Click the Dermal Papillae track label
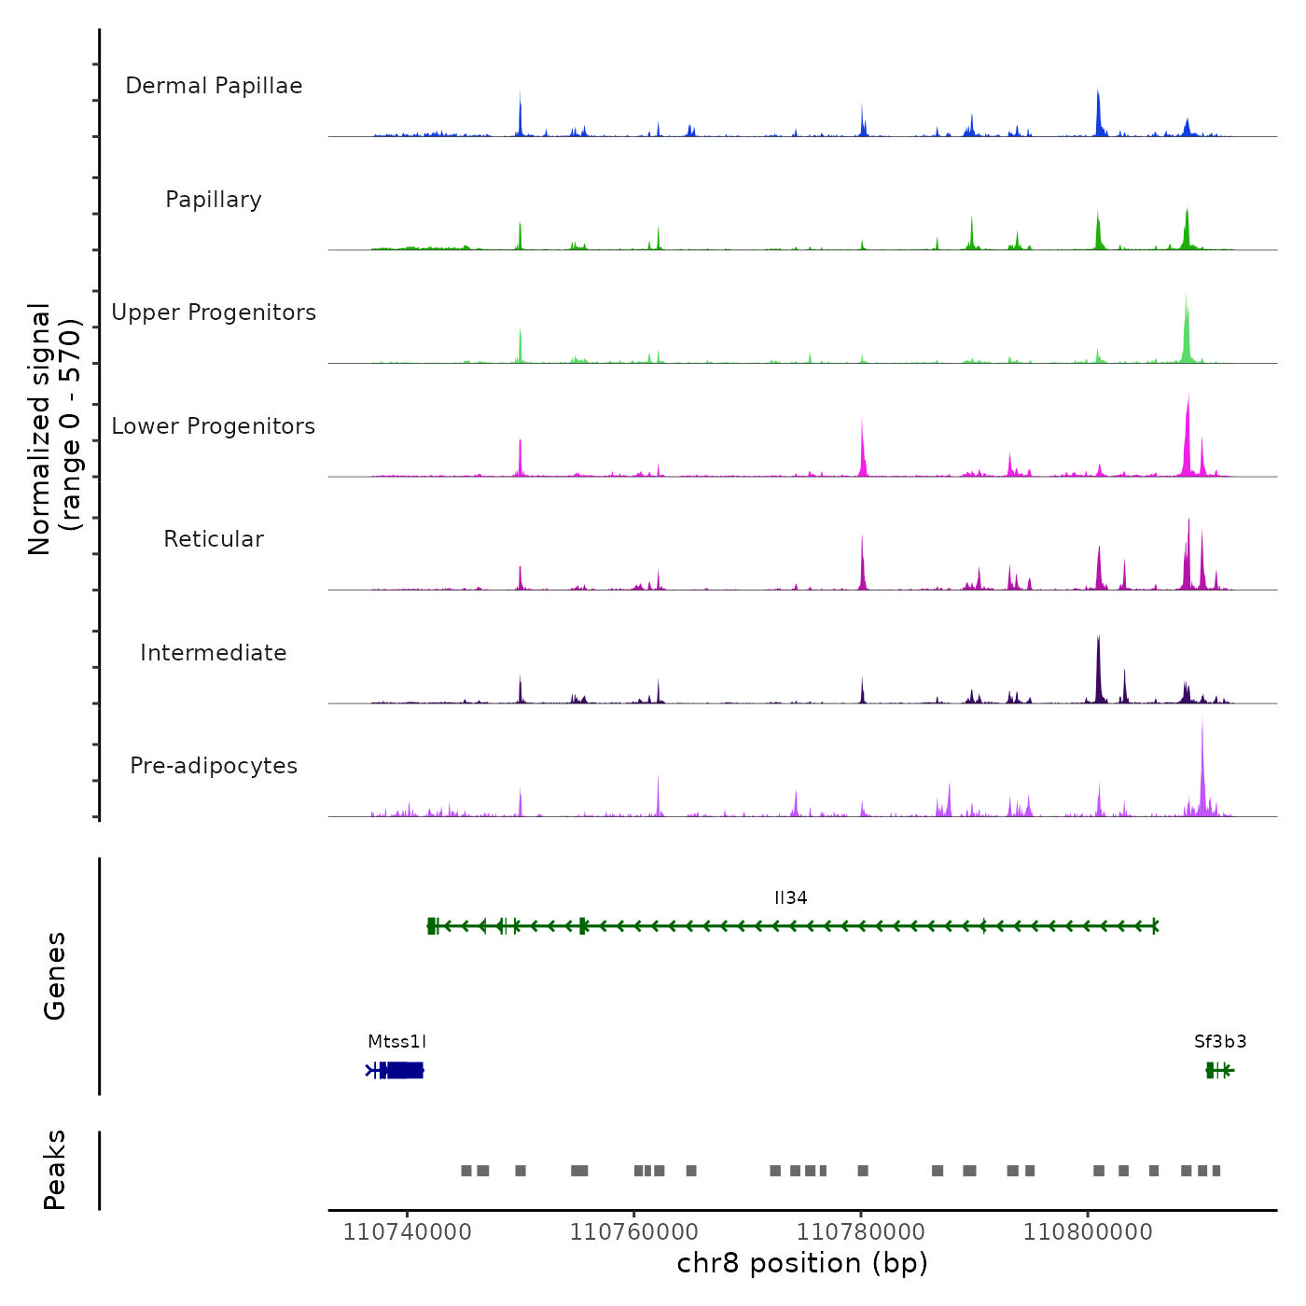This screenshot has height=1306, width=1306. click(214, 86)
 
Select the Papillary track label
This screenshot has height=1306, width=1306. click(214, 200)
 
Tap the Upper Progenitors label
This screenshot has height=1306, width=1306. click(214, 313)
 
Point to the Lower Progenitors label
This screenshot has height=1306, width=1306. click(214, 426)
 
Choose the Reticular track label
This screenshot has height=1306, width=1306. click(214, 539)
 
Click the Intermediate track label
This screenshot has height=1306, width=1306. click(214, 653)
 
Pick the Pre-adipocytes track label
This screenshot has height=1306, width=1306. click(214, 766)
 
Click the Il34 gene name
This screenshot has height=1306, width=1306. click(790, 898)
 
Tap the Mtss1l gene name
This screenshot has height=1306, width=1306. click(396, 1042)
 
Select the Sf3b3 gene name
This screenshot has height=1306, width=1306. click(1220, 1042)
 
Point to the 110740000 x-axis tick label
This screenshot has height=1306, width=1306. click(407, 1231)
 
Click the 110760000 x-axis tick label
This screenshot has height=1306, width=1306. click(633, 1231)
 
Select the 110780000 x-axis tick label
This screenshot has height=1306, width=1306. click(861, 1231)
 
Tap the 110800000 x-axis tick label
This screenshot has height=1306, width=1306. click(1088, 1231)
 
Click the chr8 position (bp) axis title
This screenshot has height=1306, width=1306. click(802, 1263)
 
